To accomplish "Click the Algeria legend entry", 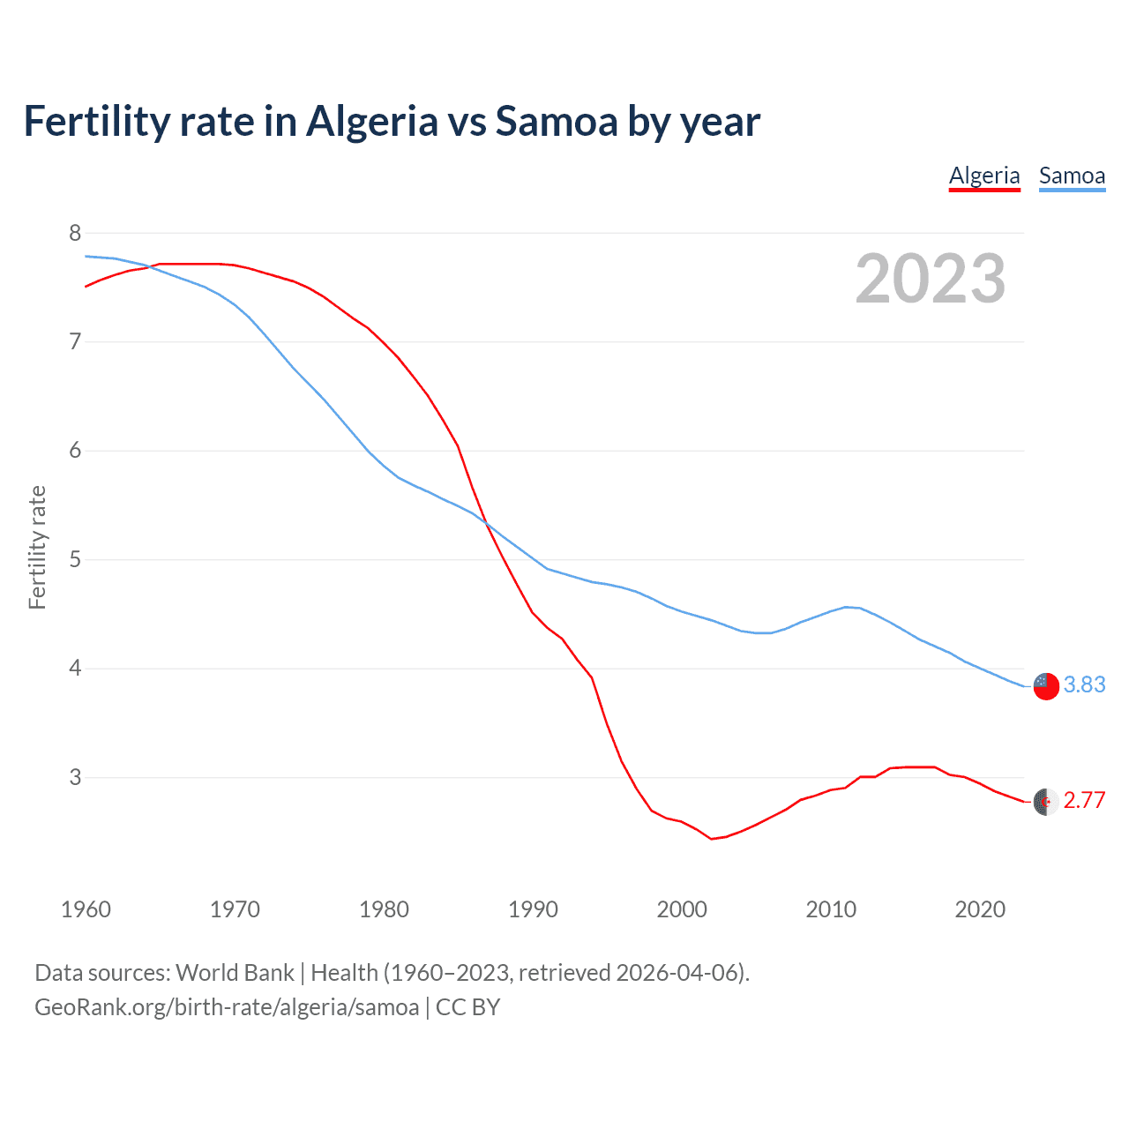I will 984,176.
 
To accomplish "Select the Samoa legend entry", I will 1072,176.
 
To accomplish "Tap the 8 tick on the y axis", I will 74,233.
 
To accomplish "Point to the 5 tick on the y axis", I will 74,559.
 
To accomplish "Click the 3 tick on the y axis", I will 74,777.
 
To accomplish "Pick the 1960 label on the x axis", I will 86,909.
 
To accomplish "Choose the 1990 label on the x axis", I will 533,909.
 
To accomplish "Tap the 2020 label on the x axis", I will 980,909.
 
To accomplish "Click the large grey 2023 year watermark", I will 931,279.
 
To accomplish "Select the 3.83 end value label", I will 1084,684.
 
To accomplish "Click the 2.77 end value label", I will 1084,800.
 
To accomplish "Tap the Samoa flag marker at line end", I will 1046,685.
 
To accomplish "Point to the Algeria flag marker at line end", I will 1046,802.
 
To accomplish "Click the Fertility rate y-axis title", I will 37,547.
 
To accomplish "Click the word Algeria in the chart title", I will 371,122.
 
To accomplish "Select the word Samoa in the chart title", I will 556,122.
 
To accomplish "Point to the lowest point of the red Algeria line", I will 711,839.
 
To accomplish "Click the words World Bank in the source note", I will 235,973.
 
